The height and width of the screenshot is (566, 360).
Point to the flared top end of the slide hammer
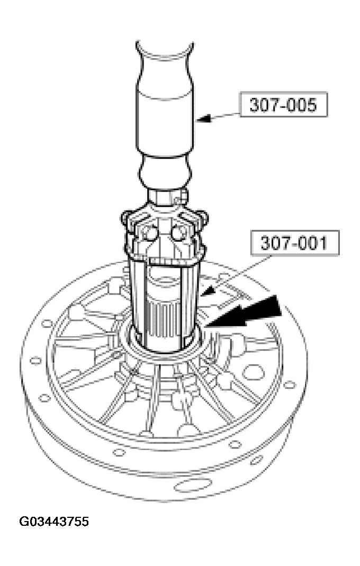(166, 50)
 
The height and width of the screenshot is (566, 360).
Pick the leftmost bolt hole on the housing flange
(35, 361)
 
